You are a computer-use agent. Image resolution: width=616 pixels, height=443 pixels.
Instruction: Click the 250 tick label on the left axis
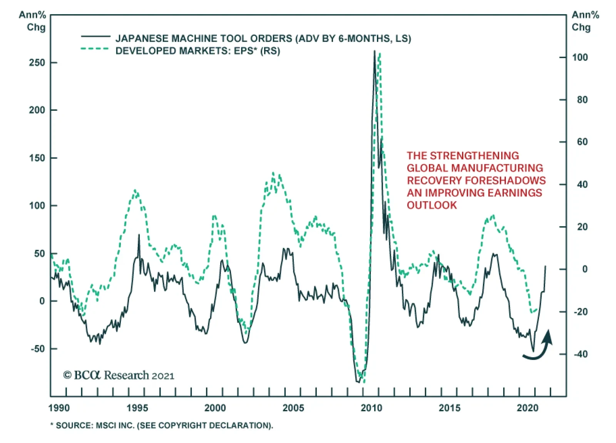pyautogui.click(x=37, y=63)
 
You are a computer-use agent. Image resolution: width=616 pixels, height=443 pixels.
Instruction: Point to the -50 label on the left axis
pyautogui.click(x=38, y=349)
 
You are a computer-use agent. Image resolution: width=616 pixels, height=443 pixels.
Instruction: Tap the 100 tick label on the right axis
pyautogui.click(x=580, y=57)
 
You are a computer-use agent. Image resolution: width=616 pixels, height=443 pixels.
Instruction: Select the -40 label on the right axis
pyautogui.click(x=581, y=354)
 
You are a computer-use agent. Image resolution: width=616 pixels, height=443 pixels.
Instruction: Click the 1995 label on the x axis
pyautogui.click(x=137, y=408)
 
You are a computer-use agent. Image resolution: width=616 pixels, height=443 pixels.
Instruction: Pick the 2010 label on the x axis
pyautogui.click(x=371, y=408)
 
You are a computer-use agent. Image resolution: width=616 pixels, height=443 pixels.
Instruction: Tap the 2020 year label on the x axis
pyautogui.click(x=527, y=408)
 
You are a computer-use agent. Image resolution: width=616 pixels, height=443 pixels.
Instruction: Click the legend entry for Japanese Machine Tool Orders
pyautogui.click(x=263, y=38)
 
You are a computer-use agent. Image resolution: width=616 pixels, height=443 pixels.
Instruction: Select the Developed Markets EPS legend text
pyautogui.click(x=198, y=51)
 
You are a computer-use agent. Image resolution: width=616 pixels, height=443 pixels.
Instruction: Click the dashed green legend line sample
pyautogui.click(x=95, y=49)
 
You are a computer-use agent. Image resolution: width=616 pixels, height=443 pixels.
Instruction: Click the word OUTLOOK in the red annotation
pyautogui.click(x=432, y=205)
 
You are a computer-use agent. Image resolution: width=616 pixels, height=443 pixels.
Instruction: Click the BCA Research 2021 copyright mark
pyautogui.click(x=119, y=375)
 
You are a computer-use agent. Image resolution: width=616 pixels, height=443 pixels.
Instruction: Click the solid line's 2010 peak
pyautogui.click(x=374, y=51)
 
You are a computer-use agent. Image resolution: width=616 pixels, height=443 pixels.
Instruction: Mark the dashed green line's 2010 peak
pyautogui.click(x=380, y=54)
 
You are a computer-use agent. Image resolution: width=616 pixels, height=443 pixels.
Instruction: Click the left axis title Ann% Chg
pyautogui.click(x=32, y=21)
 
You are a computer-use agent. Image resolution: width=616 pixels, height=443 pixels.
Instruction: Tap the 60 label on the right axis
pyautogui.click(x=582, y=142)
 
